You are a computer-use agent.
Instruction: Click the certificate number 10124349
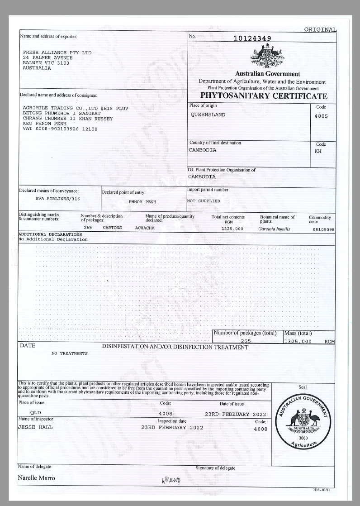click(x=252, y=38)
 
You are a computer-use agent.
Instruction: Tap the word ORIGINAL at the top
click(x=320, y=30)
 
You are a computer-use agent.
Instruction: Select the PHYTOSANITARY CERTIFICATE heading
click(x=264, y=96)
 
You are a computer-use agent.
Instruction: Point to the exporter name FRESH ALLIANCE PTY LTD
click(x=57, y=53)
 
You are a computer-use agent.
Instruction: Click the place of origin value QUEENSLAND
click(x=208, y=115)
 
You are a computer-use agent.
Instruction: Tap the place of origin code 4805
click(x=321, y=116)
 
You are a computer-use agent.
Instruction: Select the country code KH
click(x=318, y=152)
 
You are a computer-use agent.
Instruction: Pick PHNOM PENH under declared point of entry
click(x=142, y=201)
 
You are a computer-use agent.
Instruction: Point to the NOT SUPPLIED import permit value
click(x=204, y=200)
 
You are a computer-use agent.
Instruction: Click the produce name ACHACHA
click(x=145, y=228)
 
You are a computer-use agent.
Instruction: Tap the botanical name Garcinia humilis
click(x=274, y=229)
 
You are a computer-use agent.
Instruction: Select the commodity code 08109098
click(x=324, y=229)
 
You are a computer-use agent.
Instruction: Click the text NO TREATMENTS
click(x=70, y=353)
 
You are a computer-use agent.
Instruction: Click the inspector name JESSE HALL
click(x=35, y=427)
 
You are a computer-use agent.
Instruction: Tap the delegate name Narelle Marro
click(x=36, y=478)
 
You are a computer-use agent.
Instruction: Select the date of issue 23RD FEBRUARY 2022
click(x=235, y=414)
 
